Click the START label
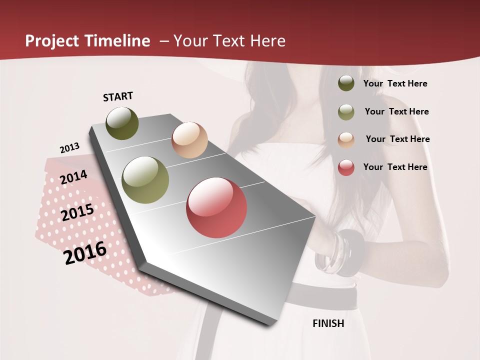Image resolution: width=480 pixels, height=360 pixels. pos(118,96)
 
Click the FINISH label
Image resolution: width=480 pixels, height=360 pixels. pos(328,323)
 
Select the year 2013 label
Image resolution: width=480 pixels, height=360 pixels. pos(69,148)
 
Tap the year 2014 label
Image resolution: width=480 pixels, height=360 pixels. pos(74,177)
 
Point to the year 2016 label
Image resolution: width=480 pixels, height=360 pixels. pos(85,252)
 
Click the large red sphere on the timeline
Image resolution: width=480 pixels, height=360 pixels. pos(216,207)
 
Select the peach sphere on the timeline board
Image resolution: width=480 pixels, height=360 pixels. pos(189,140)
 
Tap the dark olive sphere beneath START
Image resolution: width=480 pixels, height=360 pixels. pos(122,123)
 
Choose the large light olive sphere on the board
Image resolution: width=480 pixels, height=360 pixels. pos(145,180)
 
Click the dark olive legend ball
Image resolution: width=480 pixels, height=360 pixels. pos(346,83)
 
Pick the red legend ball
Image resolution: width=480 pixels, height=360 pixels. pos(346,167)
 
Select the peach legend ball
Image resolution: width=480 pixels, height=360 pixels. pos(346,140)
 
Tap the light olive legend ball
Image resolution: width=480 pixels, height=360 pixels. pos(346,112)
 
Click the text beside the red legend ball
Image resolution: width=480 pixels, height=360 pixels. pos(395,167)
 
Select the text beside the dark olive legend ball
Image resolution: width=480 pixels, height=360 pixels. pos(395,83)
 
